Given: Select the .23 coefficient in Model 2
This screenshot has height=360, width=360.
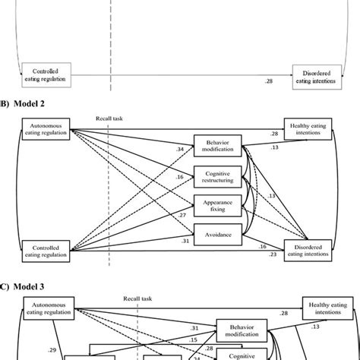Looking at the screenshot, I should [273, 255].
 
